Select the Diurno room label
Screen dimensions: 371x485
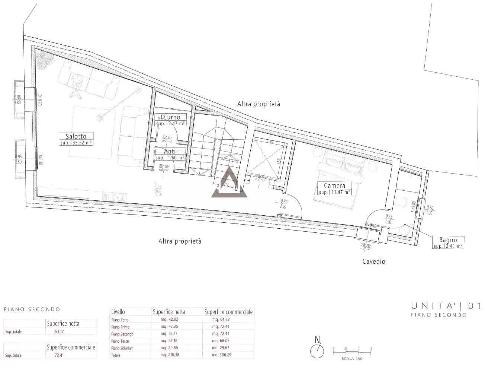(170, 117)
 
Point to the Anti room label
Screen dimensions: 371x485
(170, 151)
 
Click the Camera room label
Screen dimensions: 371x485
(334, 185)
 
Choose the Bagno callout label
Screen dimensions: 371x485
(447, 240)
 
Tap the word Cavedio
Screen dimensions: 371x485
(374, 261)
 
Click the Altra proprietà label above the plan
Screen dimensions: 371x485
(258, 104)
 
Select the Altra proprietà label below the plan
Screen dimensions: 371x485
(180, 241)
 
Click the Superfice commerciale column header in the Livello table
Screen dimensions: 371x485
(228, 312)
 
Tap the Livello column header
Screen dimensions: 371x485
(118, 312)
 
